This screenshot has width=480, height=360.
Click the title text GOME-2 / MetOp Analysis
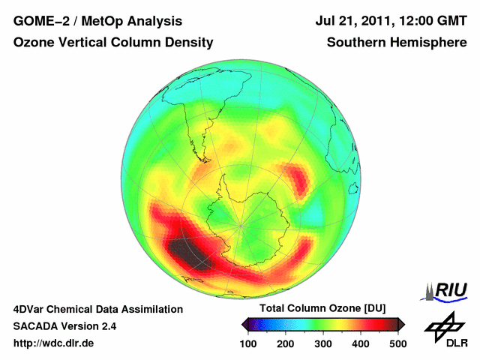pyautogui.click(x=97, y=22)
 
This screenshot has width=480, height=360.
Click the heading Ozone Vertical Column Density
pyautogui.click(x=113, y=43)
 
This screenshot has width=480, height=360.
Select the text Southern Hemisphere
pyautogui.click(x=397, y=43)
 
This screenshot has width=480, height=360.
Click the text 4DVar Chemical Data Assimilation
pyautogui.click(x=98, y=309)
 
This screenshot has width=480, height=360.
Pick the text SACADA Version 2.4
pyautogui.click(x=64, y=326)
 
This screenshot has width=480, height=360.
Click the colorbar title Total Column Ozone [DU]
pyautogui.click(x=322, y=309)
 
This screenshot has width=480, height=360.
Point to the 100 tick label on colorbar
pyautogui.click(x=247, y=343)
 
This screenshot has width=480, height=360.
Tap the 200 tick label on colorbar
pyautogui.click(x=285, y=343)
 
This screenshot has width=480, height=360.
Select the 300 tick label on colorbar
pyautogui.click(x=322, y=343)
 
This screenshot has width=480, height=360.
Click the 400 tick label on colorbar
pyautogui.click(x=360, y=343)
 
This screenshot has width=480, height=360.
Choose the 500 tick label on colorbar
pyautogui.click(x=397, y=343)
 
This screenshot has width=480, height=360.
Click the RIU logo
pyautogui.click(x=447, y=289)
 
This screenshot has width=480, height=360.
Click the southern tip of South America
pyautogui.click(x=204, y=158)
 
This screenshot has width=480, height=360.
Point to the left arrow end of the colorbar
pyautogui.click(x=244, y=324)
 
